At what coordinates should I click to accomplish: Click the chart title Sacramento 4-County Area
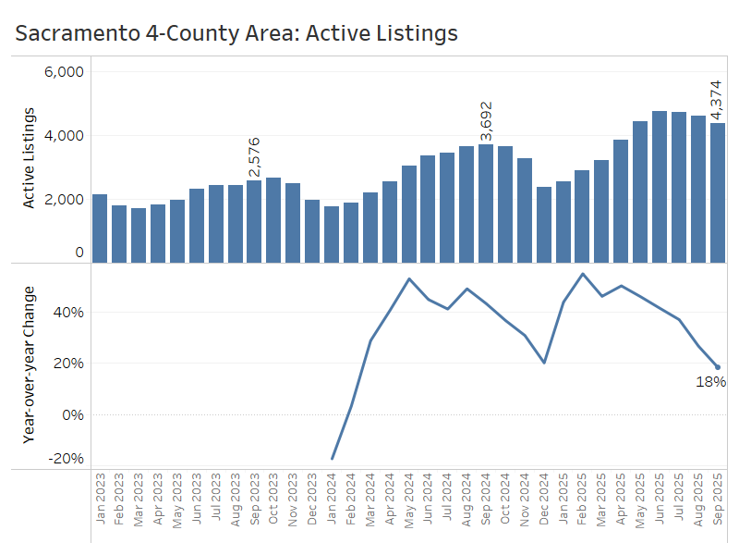tap(236, 34)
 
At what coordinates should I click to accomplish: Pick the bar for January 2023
tap(100, 228)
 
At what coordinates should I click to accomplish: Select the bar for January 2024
tap(332, 234)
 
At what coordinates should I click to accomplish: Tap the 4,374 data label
tap(717, 101)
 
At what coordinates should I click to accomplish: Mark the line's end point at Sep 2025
tap(717, 367)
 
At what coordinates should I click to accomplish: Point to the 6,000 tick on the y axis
tap(65, 72)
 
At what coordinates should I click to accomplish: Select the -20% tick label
tap(66, 459)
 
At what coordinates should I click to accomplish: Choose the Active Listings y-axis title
tap(29, 157)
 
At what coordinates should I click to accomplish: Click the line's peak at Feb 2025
tap(583, 274)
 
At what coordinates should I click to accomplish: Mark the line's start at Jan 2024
tap(332, 459)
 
